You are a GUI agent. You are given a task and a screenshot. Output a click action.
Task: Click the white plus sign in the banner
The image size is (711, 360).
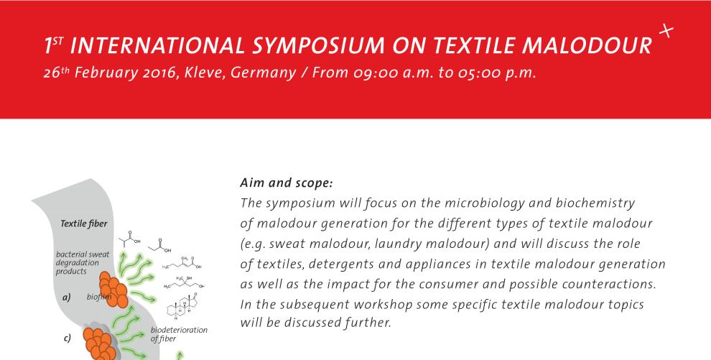point(666,32)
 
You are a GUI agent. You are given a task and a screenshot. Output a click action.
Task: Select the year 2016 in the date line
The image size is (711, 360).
point(158,73)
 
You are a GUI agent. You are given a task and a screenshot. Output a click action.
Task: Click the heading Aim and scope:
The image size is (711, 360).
point(287,184)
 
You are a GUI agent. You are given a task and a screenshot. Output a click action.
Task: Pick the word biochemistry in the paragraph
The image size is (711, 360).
point(595,203)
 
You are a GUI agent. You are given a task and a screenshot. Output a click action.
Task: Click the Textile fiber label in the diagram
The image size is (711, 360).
point(84,223)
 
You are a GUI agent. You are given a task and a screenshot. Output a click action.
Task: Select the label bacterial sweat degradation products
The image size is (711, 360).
point(83,263)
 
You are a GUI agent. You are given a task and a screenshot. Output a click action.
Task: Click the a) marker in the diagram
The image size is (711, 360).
point(67,298)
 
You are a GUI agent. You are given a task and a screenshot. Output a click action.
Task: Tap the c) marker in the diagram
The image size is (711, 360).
point(67,338)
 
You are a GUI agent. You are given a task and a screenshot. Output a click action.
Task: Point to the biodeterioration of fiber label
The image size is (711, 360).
point(179,334)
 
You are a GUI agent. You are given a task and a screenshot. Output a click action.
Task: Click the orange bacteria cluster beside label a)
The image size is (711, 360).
point(113,290)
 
